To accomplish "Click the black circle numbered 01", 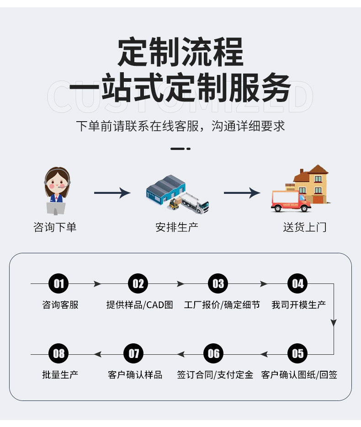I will click(59, 284).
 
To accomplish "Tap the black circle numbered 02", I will click(138, 284).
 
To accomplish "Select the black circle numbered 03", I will click(218, 284).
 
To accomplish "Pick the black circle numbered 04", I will click(297, 284).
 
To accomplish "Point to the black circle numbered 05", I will click(297, 353).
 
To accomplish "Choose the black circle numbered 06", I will click(214, 353).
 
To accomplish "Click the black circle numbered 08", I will click(59, 353).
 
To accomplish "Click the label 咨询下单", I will click(55, 227).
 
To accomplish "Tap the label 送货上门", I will click(305, 227).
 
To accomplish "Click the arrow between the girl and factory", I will click(112, 193).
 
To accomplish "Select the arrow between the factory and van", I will click(242, 193).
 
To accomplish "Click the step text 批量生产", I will click(60, 375).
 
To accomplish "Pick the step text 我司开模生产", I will click(299, 305).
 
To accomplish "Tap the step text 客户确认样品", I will click(135, 375).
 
